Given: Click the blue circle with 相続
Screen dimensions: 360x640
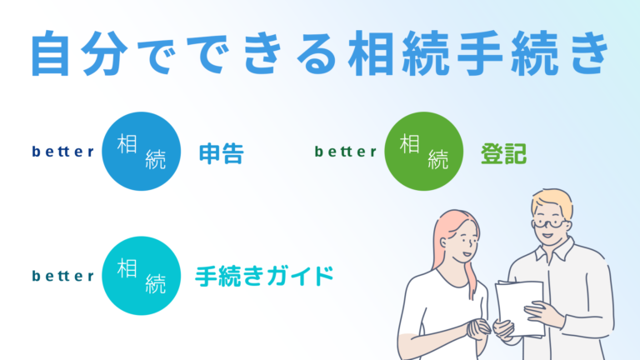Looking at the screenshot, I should click(140, 152).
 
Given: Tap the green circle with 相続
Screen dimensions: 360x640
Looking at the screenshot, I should click(423, 151).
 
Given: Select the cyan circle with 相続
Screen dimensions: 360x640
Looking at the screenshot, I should click(140, 276).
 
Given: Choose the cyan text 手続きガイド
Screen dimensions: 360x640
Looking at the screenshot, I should click(264, 276).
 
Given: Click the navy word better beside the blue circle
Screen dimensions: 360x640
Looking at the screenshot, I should click(62, 152).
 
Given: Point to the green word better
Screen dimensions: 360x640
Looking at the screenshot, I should click(346, 152).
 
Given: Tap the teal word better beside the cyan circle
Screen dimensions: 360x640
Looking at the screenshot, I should click(62, 277).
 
